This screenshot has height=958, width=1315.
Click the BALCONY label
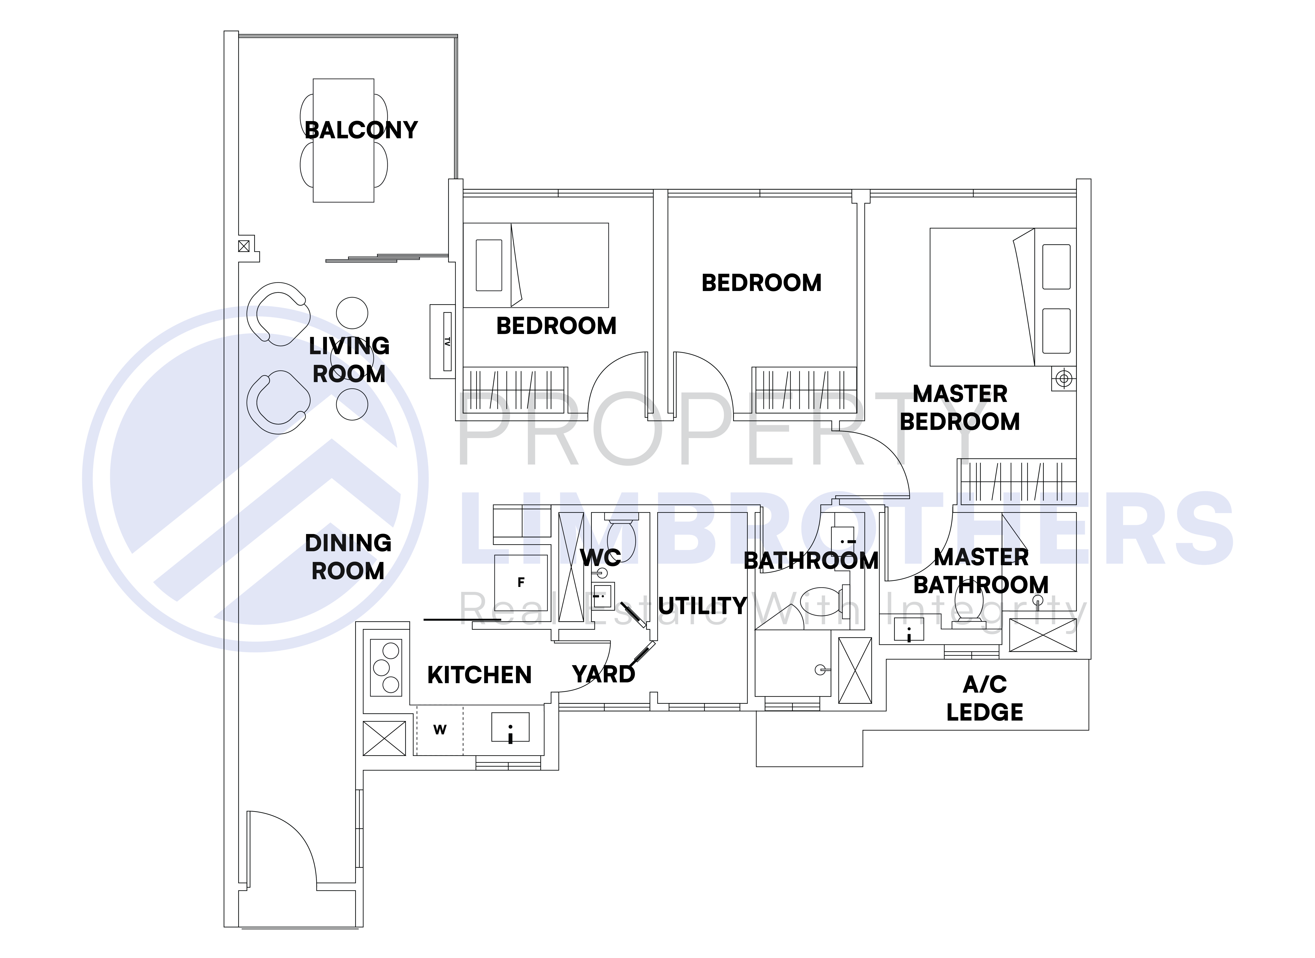pyautogui.click(x=361, y=130)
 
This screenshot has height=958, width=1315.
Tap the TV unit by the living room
pyautogui.click(x=442, y=342)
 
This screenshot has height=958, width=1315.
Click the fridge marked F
pyautogui.click(x=521, y=582)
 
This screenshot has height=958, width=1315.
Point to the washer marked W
pyautogui.click(x=440, y=730)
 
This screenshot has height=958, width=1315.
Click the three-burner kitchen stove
pyautogui.click(x=386, y=667)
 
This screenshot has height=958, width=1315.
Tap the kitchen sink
pyautogui.click(x=510, y=727)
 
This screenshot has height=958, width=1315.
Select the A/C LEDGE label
pyautogui.click(x=985, y=698)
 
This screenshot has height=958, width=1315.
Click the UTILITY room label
pyautogui.click(x=702, y=606)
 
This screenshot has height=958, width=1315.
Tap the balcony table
pyautogui.click(x=343, y=140)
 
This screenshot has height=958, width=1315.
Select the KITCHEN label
pyautogui.click(x=479, y=675)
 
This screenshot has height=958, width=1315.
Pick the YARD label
pyautogui.click(x=604, y=674)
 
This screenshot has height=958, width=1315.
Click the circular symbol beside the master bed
pyautogui.click(x=1063, y=379)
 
